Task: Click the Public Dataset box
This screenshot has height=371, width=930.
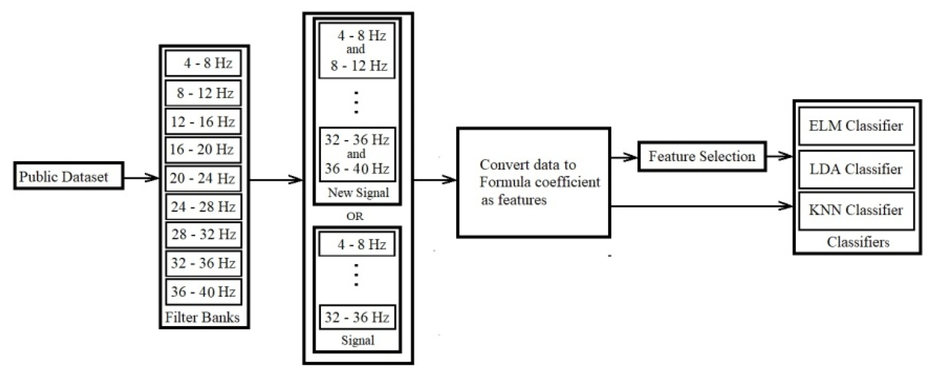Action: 68,176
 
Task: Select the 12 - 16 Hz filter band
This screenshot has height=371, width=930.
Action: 203,122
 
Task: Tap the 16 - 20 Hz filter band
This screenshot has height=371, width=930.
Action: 203,149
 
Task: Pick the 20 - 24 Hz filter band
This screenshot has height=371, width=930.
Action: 203,178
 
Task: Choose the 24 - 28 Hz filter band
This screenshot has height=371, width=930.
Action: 203,207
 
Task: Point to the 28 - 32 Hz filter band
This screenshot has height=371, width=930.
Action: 203,234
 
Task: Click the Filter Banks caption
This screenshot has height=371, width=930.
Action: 202,318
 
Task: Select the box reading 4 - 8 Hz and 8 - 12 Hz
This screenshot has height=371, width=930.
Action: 357,51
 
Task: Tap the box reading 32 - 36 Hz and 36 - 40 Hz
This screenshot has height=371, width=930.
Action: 357,154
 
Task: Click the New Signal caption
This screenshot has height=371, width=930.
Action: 358,192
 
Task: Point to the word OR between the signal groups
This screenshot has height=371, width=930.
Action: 354,216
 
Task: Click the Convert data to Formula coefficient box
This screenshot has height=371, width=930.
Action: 534,182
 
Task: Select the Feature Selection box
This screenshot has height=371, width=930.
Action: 702,156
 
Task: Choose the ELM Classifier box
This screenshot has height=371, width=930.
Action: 856,126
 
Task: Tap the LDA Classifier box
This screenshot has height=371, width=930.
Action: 856,169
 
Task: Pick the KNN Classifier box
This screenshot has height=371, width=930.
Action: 856,210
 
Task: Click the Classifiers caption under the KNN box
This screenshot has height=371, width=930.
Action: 858,242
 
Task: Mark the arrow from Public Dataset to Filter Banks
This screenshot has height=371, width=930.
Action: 141,178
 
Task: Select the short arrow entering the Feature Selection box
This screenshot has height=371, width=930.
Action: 624,157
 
